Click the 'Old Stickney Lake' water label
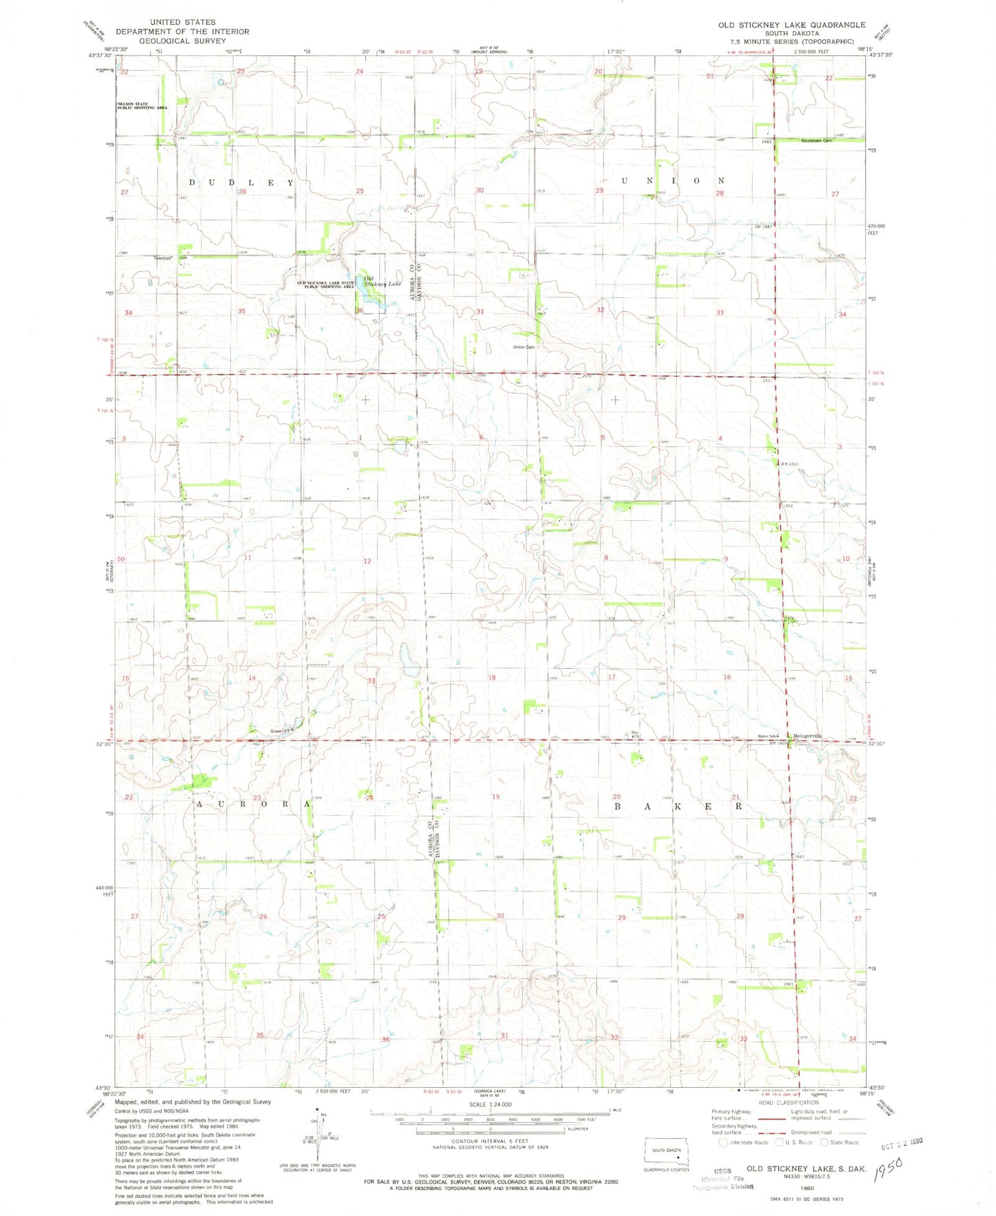pos(382,281)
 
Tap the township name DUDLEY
pos(242,183)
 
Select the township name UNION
pos(673,181)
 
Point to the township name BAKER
pos(678,805)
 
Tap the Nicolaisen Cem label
pos(817,141)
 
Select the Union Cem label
pos(524,347)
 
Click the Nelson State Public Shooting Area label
pos(141,106)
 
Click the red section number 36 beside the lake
pos(359,311)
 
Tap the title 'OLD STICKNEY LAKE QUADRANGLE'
pos(791,25)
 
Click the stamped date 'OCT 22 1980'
pos(902,1143)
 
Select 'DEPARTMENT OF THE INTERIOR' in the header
pos(182,32)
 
